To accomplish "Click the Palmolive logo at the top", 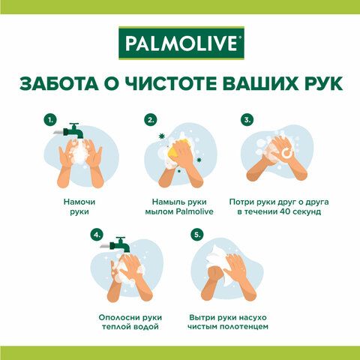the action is tap(181, 43).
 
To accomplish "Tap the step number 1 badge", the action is tap(50, 120).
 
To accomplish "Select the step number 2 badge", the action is tap(151, 120).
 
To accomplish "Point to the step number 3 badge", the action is tap(247, 120).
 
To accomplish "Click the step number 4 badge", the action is tap(97, 235).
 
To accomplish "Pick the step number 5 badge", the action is tap(197, 235).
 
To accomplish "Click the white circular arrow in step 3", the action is tap(286, 153).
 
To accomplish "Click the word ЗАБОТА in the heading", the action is tap(59, 83).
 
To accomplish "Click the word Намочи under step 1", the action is tap(79, 202).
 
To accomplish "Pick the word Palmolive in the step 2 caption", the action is tap(194, 211).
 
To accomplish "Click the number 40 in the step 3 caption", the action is tap(285, 211).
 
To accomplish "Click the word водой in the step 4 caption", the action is tap(148, 326).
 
